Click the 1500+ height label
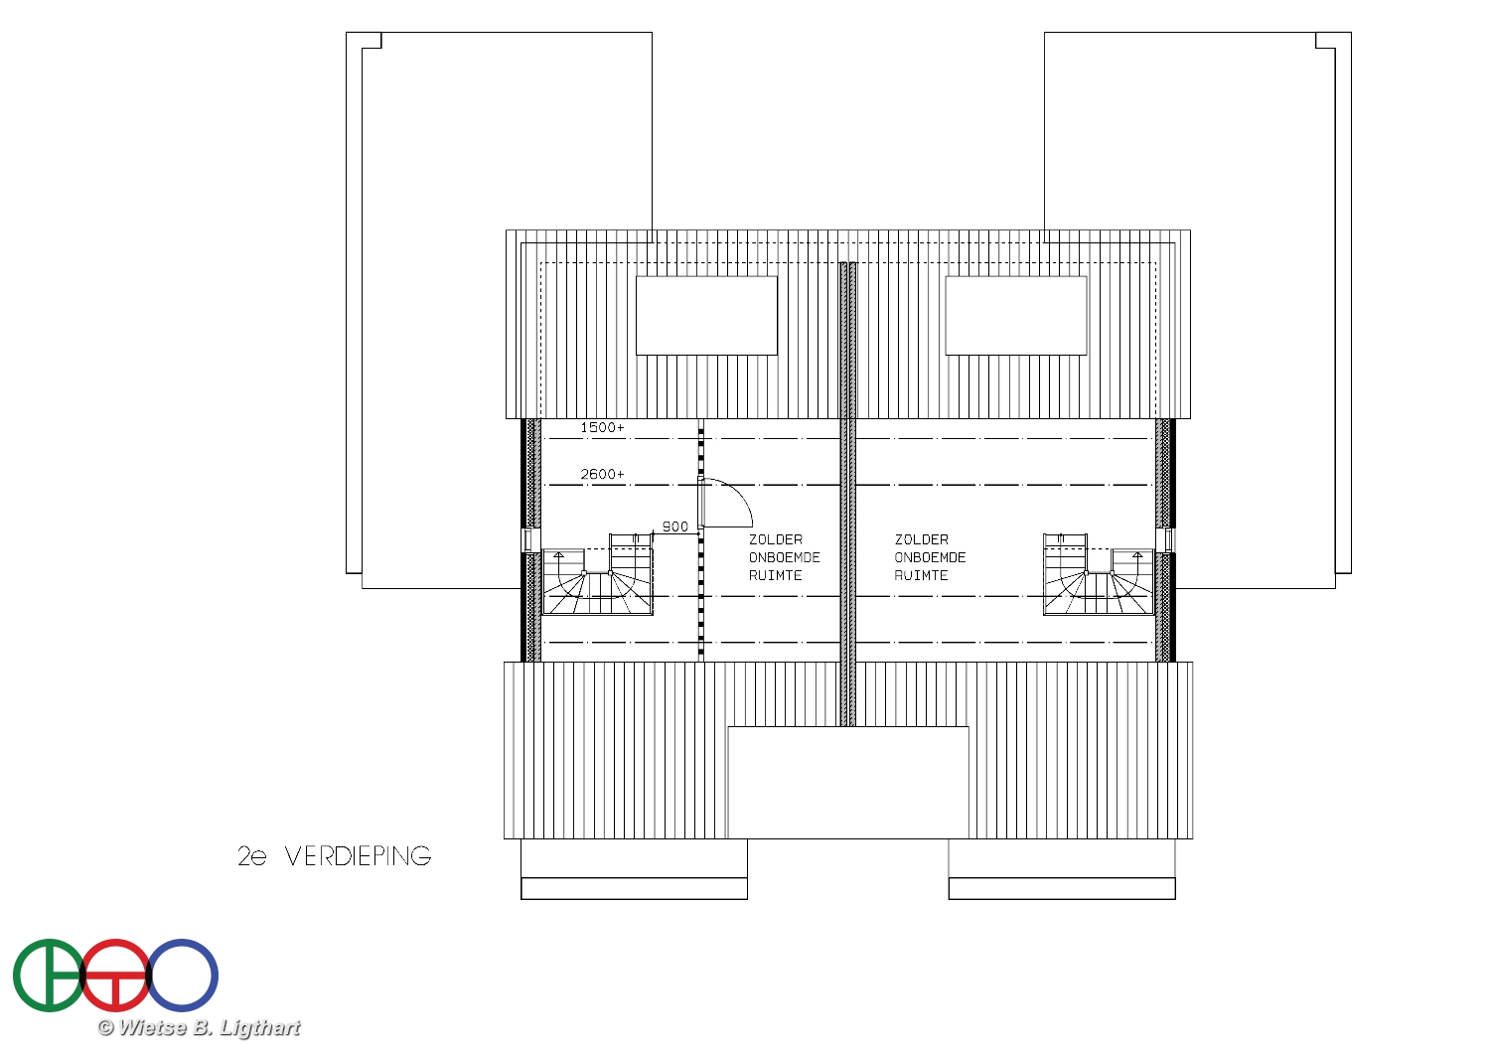[602, 427]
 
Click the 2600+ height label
[602, 474]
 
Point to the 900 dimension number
[674, 526]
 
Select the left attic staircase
[597, 573]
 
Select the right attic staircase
[1099, 573]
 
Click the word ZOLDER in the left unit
[776, 539]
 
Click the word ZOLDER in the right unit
[921, 539]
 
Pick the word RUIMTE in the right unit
[921, 575]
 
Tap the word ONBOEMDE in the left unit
[785, 557]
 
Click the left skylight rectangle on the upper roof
[706, 315]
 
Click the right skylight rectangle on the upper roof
[1016, 315]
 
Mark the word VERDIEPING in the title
[358, 856]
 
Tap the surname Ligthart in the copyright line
[259, 1028]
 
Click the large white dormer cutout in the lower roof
[848, 782]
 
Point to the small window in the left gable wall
[528, 540]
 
